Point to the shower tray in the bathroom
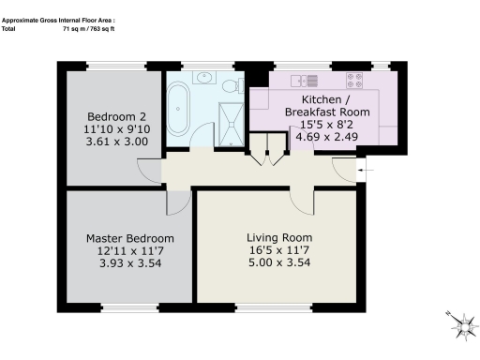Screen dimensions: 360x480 229,121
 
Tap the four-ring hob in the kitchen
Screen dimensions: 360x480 356,80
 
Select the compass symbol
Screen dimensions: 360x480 460,324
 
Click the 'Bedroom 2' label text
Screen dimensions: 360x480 112,103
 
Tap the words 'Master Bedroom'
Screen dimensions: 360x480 124,238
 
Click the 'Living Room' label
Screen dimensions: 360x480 279,237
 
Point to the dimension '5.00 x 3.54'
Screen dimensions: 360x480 279,264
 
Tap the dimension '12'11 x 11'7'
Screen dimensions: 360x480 124,252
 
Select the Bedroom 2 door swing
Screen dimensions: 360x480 148,170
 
